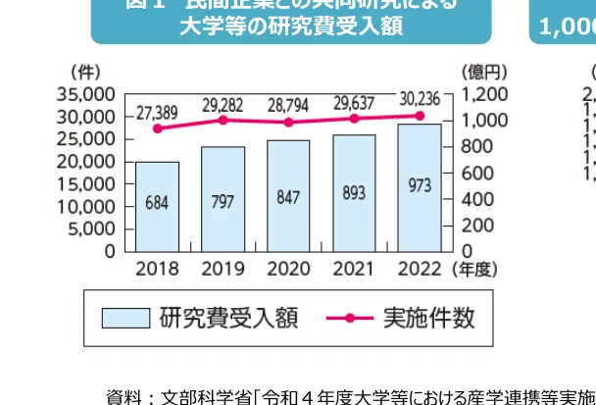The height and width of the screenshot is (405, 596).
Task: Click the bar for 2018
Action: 157,206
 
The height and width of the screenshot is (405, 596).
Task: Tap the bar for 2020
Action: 288,195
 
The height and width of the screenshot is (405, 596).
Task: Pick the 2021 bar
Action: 354,193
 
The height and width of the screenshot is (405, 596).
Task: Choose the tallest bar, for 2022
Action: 420,187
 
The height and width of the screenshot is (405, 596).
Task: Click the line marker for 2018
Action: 157,128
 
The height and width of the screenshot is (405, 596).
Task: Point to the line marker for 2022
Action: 420,116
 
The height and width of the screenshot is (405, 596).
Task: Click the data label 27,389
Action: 157,111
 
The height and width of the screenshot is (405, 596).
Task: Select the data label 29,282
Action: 223,103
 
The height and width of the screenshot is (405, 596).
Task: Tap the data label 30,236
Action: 422,100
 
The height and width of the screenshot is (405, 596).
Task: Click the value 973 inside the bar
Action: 420,185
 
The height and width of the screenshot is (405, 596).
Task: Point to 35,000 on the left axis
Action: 86,95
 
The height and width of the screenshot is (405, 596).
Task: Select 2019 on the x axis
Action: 223,268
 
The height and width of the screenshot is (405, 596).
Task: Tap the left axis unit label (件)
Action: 85,73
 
